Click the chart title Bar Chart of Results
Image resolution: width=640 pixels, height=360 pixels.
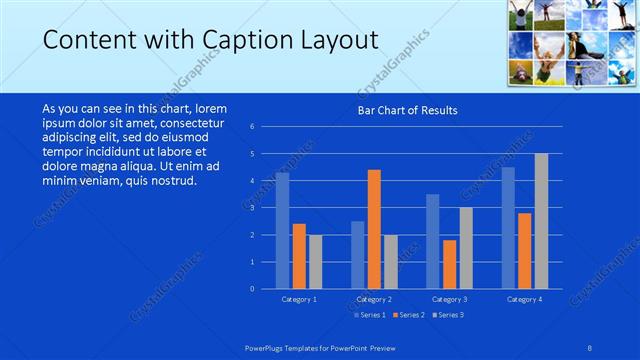[407, 110]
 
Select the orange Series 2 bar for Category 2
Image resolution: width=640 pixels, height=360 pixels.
[374, 229]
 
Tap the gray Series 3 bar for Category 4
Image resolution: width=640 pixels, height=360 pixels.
[541, 221]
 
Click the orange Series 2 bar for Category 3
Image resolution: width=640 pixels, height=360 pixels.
[449, 264]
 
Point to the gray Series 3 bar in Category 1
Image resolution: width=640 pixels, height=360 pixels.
[315, 262]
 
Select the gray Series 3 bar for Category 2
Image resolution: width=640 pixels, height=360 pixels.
[390, 262]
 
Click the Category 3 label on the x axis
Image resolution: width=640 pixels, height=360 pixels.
[449, 299]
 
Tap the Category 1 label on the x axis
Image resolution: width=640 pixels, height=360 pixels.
[299, 299]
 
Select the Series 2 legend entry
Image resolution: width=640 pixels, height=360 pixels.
[411, 315]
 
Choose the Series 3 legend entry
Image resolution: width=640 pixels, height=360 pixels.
[449, 315]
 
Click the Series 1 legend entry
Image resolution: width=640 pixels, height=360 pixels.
[372, 315]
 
